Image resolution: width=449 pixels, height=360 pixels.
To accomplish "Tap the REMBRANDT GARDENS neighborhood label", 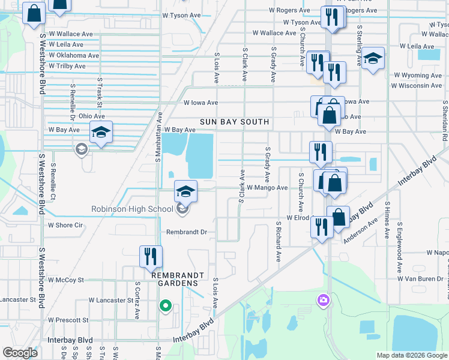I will coord(175,279).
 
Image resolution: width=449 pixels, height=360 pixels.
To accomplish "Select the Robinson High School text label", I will coord(132,209).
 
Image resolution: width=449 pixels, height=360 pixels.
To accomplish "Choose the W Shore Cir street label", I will coord(65,226).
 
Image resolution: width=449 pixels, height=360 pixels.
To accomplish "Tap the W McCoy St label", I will coord(66,280).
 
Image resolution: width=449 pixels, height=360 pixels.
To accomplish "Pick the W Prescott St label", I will coord(68,320).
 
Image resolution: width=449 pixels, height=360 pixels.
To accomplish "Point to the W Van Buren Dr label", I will coord(423,279).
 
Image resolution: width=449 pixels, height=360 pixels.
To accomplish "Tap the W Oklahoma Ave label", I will coord(73,55).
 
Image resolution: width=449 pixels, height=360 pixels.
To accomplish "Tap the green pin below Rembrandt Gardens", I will coord(166,307).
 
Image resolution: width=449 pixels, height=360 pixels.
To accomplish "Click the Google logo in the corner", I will coord(20,353).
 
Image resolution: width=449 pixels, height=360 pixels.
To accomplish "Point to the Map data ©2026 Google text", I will coord(411,355).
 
